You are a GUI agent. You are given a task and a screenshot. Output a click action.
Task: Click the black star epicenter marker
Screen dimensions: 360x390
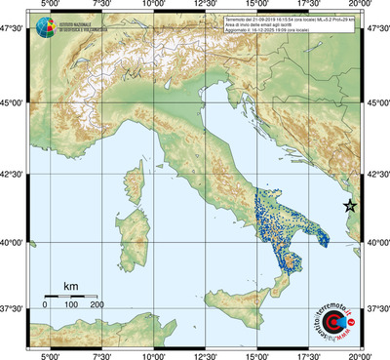click(x=350, y=206)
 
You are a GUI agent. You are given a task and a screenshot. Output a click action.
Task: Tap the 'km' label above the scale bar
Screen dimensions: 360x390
click(x=70, y=285)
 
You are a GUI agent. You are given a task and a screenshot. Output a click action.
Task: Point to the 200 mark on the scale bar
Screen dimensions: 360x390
click(x=97, y=305)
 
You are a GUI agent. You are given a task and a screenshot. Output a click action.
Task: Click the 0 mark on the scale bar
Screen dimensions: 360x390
click(x=45, y=305)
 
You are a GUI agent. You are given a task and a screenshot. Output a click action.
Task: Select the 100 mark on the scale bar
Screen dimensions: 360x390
click(x=70, y=305)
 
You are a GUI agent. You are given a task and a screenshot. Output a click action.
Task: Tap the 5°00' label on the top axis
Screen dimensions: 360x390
click(x=48, y=6)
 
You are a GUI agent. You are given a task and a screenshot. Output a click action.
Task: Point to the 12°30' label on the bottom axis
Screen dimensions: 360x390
click(x=206, y=354)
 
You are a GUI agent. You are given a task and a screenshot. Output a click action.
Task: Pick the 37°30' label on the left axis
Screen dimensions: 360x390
click(x=13, y=307)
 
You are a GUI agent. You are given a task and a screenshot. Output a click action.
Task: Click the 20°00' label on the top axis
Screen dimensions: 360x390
click(x=361, y=6)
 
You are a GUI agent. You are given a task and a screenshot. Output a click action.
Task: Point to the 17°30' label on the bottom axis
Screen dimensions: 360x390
click(x=310, y=354)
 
